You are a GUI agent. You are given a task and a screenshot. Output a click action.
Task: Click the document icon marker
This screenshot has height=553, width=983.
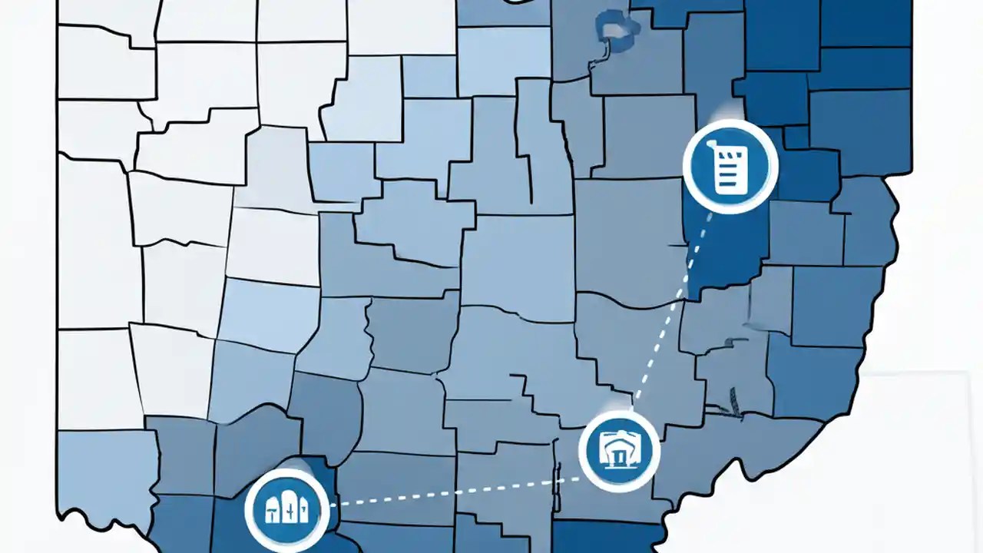[x=730, y=167]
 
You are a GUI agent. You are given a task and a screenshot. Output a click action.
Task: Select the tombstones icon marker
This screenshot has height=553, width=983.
[x=286, y=508]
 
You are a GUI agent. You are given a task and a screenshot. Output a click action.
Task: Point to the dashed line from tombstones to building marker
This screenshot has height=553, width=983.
[x=461, y=492]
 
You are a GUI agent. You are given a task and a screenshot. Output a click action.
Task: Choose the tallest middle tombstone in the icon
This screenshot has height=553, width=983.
[x=287, y=507]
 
